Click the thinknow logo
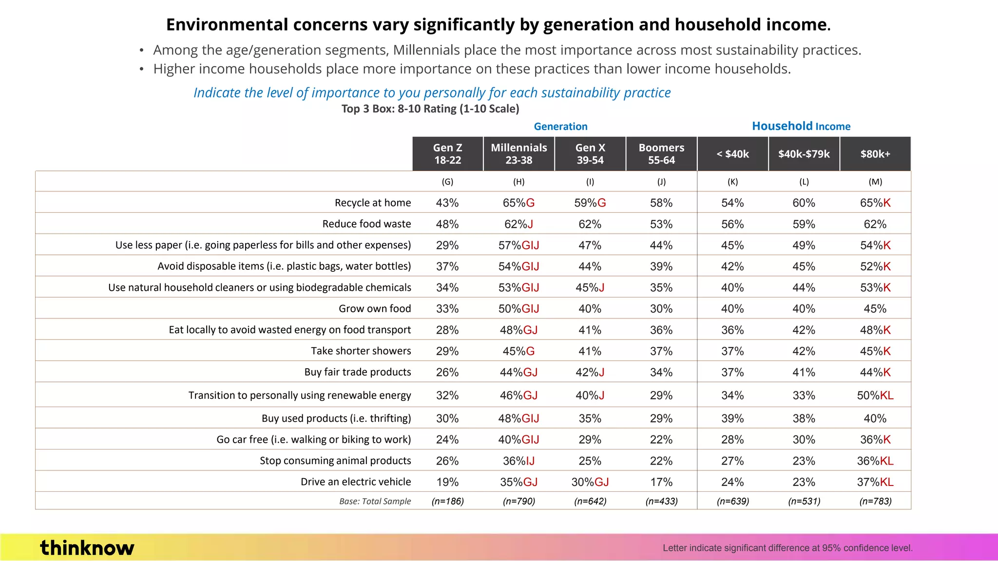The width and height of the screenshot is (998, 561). click(x=87, y=548)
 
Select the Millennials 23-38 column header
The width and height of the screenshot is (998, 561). click(x=518, y=154)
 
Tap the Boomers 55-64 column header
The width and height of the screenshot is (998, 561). click(x=661, y=154)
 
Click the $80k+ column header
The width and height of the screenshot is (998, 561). click(x=875, y=154)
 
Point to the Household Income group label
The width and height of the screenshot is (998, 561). click(x=801, y=126)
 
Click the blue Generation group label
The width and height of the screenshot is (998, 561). click(x=560, y=127)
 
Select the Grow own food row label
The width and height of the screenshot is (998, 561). click(x=374, y=308)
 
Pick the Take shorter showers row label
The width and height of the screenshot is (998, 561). click(x=361, y=351)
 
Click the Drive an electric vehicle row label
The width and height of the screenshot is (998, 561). click(x=355, y=482)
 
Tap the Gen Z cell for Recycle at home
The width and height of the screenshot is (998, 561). click(x=447, y=203)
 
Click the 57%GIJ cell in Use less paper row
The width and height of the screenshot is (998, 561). click(x=518, y=245)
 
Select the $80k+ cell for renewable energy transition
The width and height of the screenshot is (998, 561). click(x=875, y=395)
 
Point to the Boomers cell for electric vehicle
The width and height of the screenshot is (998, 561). click(x=661, y=482)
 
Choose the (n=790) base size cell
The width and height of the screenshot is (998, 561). click(x=518, y=501)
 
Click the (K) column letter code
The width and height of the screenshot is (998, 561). click(x=732, y=182)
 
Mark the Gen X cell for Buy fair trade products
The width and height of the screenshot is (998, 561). click(x=590, y=372)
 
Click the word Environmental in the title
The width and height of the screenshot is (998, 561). click(x=227, y=24)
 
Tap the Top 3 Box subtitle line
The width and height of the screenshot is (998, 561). click(x=430, y=109)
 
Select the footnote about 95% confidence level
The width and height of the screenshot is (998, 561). click(x=787, y=548)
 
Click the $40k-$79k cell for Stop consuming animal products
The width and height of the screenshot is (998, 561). click(x=804, y=461)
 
